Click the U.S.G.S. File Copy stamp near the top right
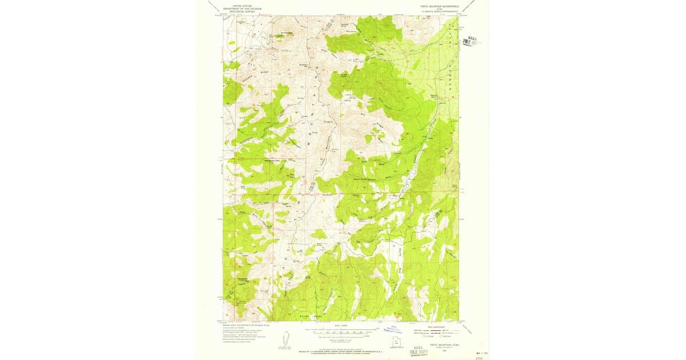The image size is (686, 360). [x=472, y=42]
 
